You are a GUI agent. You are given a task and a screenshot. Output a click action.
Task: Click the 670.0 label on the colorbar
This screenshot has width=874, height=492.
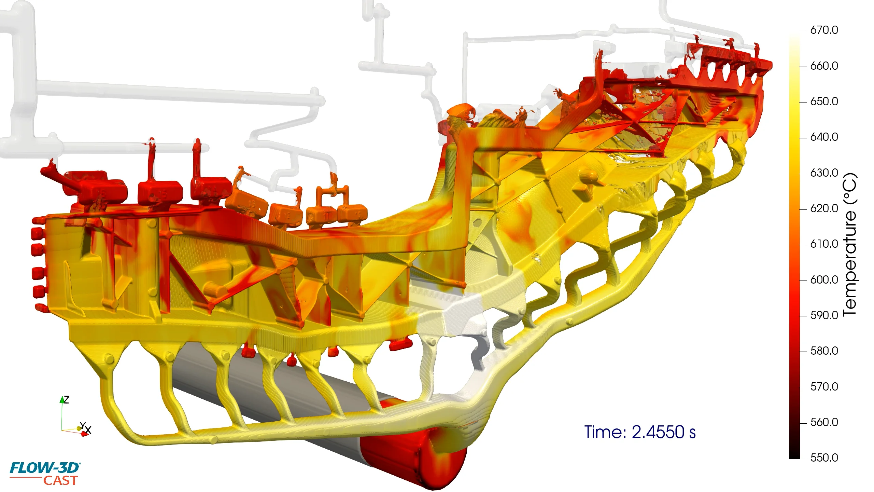824,30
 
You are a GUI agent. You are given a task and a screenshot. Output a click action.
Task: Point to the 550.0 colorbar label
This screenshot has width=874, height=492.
824,458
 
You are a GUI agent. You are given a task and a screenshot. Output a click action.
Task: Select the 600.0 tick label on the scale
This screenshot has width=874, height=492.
824,280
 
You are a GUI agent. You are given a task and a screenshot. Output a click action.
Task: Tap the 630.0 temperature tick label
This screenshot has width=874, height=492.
824,173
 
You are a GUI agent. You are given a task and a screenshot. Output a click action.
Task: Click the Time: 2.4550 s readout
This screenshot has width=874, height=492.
640,432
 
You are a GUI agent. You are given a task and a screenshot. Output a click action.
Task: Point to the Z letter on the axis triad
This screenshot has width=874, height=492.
67,399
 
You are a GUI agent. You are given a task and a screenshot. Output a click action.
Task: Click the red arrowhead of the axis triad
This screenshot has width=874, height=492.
84,434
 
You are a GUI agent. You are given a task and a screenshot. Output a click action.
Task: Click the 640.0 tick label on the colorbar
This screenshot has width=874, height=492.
824,137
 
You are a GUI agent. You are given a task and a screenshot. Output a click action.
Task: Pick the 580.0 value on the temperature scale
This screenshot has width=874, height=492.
824,351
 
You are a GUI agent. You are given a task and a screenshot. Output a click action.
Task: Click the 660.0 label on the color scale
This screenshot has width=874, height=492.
824,66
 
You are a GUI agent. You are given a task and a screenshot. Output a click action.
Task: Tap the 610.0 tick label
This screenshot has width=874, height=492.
824,244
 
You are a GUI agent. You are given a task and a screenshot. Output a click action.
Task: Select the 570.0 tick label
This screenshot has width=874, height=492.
824,387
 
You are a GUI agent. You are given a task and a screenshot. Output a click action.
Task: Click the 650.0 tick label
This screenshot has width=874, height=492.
824,101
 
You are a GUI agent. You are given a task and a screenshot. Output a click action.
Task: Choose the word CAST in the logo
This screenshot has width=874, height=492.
60,481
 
